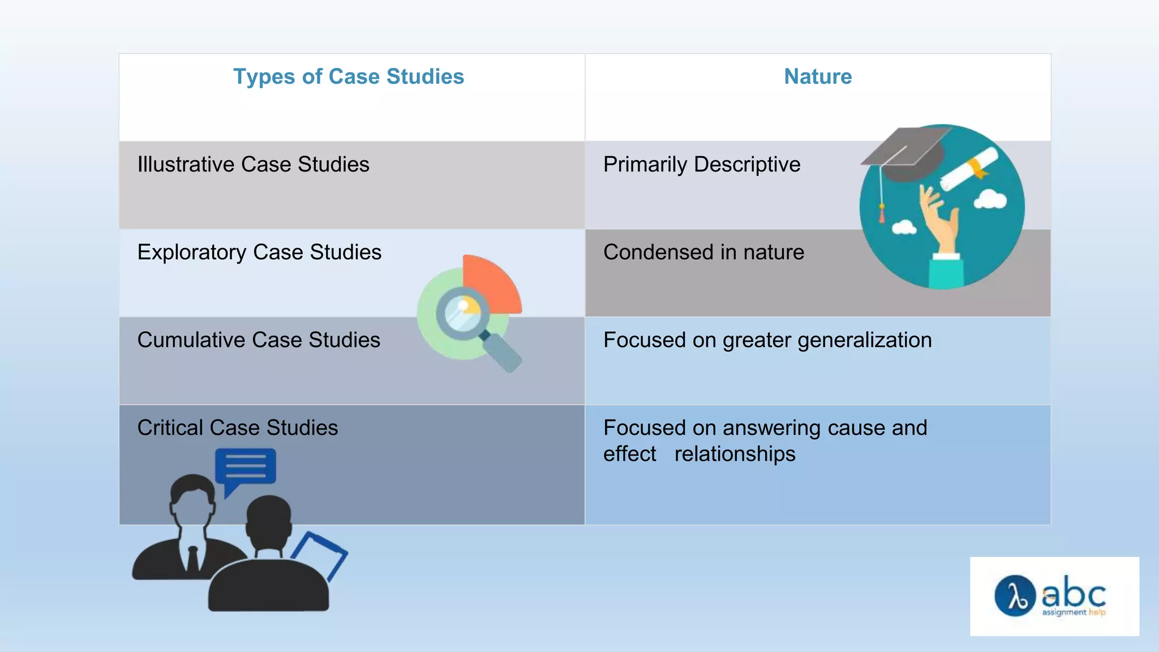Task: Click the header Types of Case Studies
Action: point(349,77)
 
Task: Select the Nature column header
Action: point(818,77)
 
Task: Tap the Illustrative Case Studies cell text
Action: point(253,165)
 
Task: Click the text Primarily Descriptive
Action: point(702,165)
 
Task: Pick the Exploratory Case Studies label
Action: point(259,252)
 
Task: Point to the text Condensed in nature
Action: point(703,252)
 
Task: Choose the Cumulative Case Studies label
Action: point(259,340)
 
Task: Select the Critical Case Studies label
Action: point(237,428)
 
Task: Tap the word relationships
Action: point(735,454)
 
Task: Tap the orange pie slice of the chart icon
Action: point(490,282)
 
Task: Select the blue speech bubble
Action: point(246,467)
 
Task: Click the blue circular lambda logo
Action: point(1015,596)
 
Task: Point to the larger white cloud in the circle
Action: point(990,199)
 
